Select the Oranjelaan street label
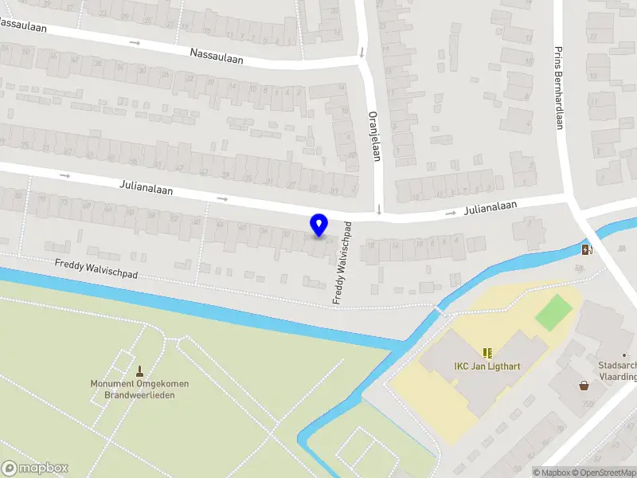click(x=373, y=135)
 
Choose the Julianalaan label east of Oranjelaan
click(x=490, y=209)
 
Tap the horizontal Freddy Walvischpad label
click(x=96, y=268)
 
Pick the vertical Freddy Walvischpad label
click(x=342, y=262)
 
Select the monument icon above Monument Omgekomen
click(x=140, y=370)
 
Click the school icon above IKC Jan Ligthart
click(x=487, y=352)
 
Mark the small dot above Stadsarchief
click(x=624, y=355)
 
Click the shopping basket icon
click(x=584, y=386)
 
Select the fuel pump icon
click(x=588, y=249)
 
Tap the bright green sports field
click(x=553, y=311)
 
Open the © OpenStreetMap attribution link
click(x=604, y=472)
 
